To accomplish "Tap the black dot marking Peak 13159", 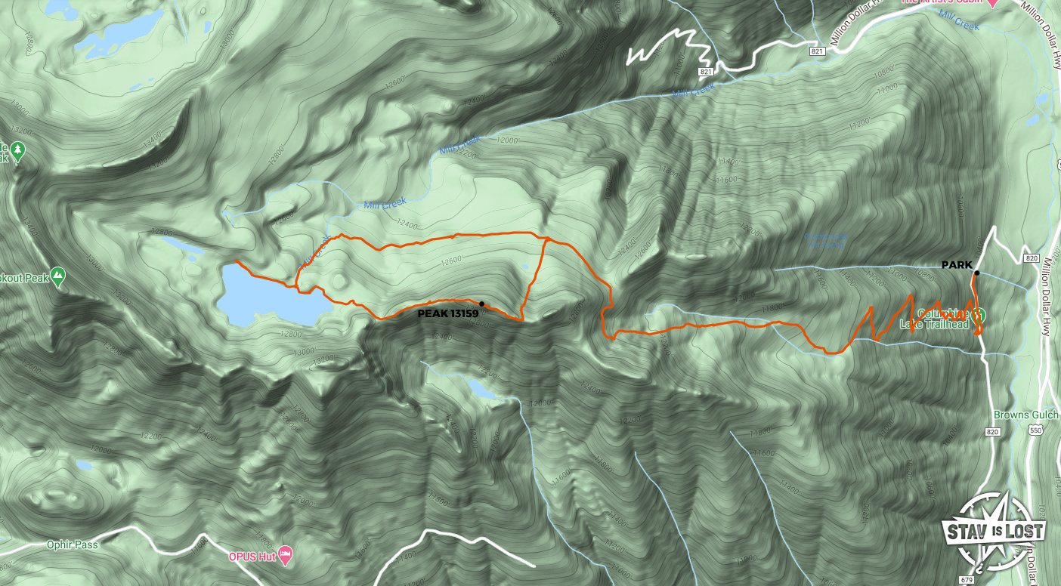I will (x=481, y=304).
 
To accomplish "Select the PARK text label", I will (x=957, y=265).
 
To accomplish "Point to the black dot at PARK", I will (x=977, y=273).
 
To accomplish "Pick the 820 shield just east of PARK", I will (x=1032, y=258).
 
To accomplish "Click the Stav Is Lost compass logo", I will (x=991, y=534).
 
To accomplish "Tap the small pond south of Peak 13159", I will (x=480, y=388).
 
